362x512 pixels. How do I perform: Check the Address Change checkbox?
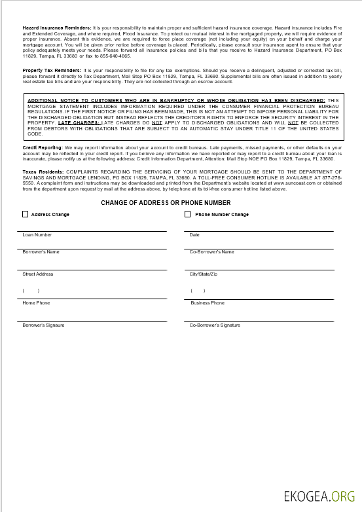click(26, 214)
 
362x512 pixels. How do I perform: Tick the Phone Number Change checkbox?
click(188, 214)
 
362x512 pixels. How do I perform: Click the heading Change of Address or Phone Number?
click(166, 203)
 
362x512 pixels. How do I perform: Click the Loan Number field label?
click(37, 234)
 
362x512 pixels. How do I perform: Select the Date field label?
click(194, 234)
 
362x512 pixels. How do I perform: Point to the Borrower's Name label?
click(41, 251)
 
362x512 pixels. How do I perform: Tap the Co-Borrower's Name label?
click(211, 251)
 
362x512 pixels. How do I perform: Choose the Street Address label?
click(38, 274)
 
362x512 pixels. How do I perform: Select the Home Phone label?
click(36, 303)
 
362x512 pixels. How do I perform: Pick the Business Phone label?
click(208, 303)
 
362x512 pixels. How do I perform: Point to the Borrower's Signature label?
click(43, 325)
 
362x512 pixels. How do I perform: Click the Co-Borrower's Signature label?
click(215, 325)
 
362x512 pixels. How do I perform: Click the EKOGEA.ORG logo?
click(319, 496)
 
